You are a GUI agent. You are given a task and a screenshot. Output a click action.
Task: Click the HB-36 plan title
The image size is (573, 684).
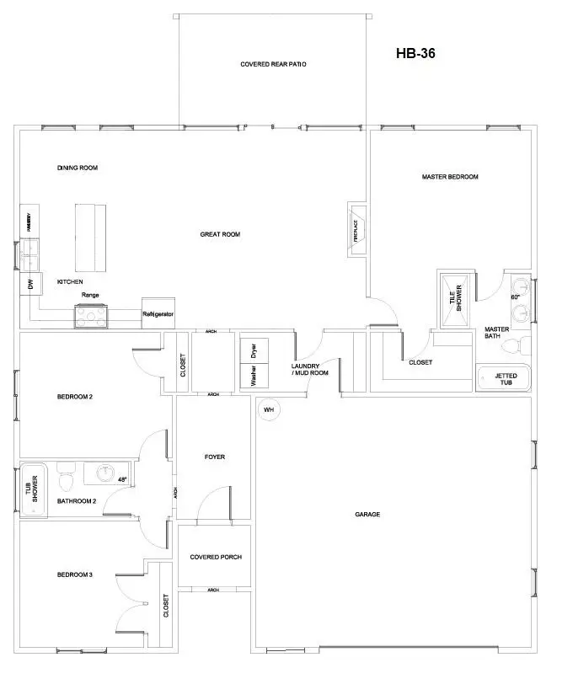(x=415, y=53)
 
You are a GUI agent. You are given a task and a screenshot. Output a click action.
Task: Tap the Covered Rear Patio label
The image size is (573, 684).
(x=272, y=64)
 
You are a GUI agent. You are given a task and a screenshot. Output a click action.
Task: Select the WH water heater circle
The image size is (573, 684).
(x=270, y=410)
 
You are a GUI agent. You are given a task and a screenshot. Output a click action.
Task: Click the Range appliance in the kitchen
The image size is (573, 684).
(x=91, y=315)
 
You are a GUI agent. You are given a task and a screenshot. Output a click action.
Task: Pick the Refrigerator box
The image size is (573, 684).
(x=158, y=313)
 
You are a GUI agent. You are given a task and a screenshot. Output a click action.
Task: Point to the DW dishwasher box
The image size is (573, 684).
(x=30, y=286)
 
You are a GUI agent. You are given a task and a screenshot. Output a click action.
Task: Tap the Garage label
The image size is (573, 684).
(x=367, y=514)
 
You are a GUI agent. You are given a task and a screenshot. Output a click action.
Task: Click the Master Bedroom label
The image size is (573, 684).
(x=450, y=177)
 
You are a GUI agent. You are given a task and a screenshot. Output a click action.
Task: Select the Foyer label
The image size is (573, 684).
(x=214, y=457)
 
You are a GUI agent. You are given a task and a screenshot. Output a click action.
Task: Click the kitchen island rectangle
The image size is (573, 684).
(x=91, y=237)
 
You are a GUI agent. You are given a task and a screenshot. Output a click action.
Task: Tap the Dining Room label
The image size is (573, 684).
(x=78, y=168)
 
